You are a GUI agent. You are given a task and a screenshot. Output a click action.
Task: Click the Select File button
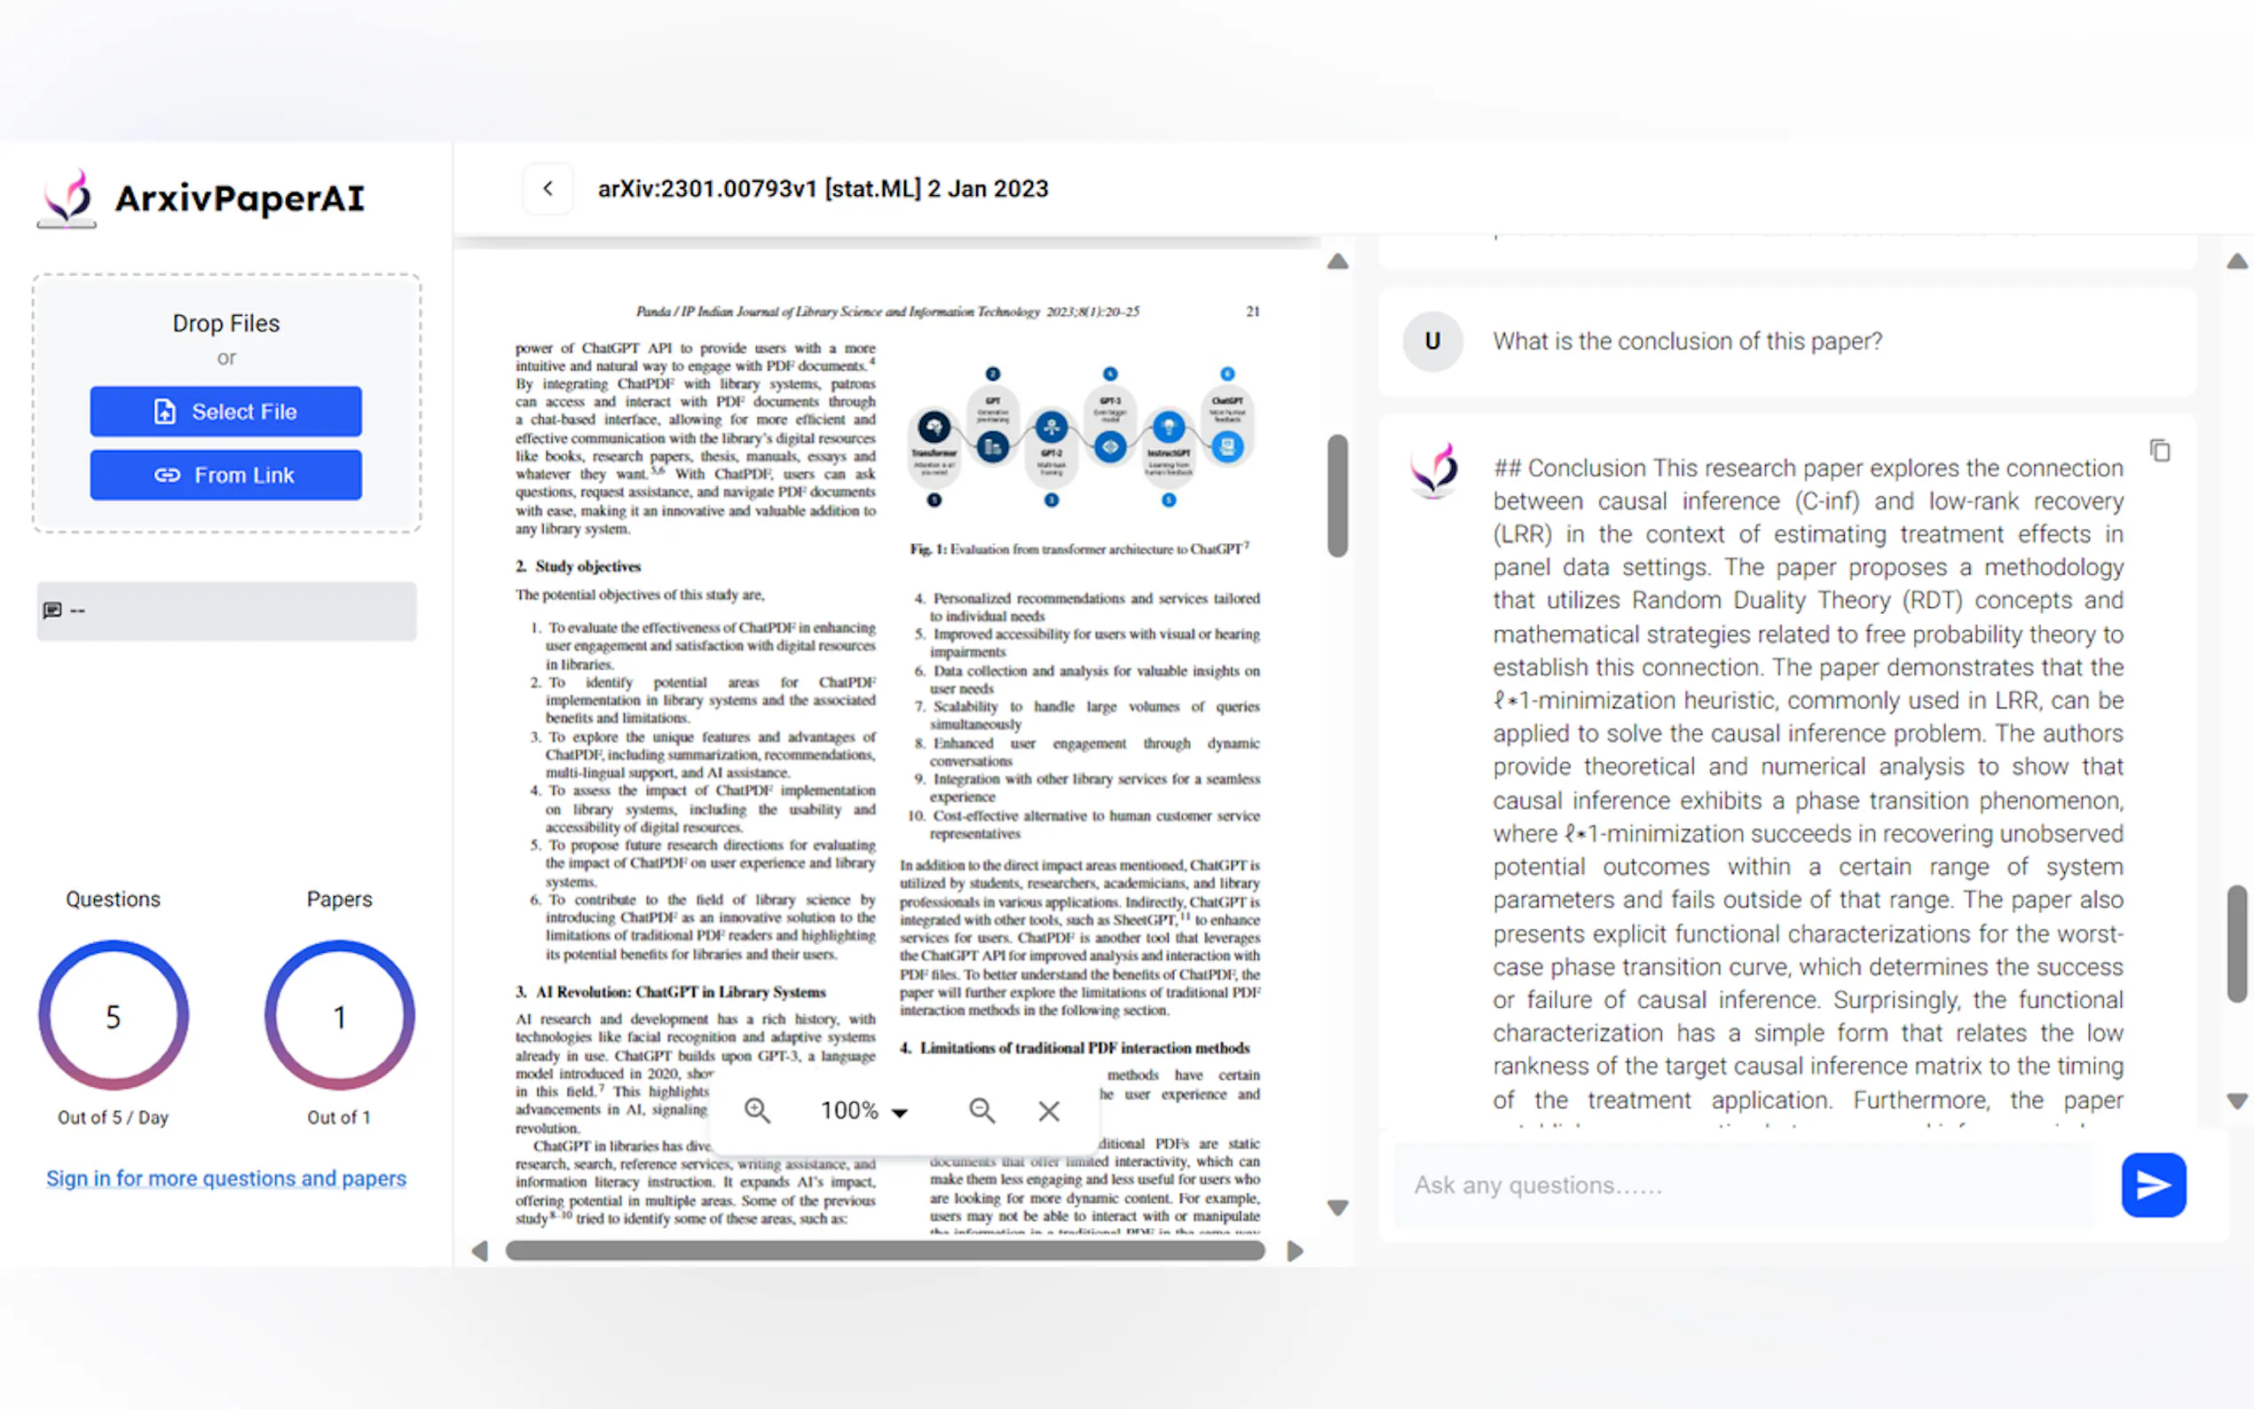pyautogui.click(x=225, y=411)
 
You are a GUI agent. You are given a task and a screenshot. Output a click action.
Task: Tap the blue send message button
pyautogui.click(x=2153, y=1185)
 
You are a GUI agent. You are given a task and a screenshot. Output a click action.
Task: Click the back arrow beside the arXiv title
pyautogui.click(x=548, y=188)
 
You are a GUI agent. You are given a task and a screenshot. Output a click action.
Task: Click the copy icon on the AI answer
pyautogui.click(x=2160, y=451)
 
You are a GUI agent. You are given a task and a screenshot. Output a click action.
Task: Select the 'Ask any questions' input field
pyautogui.click(x=1743, y=1185)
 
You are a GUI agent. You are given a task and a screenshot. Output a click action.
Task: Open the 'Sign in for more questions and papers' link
pyautogui.click(x=226, y=1178)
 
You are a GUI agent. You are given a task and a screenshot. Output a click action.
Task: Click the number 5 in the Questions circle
pyautogui.click(x=114, y=1016)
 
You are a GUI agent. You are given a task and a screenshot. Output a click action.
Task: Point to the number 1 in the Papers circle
pyautogui.click(x=340, y=1016)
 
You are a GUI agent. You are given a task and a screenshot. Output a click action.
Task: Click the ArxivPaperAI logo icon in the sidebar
pyautogui.click(x=67, y=198)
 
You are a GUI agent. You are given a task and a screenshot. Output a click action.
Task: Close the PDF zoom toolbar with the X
pyautogui.click(x=1048, y=1111)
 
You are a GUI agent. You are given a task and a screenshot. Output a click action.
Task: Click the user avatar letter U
pyautogui.click(x=1432, y=341)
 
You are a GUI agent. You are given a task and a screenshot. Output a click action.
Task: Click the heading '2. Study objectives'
pyautogui.click(x=579, y=567)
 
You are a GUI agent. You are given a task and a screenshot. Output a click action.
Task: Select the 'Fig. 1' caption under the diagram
pyautogui.click(x=1079, y=549)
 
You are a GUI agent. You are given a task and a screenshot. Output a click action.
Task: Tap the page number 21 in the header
pyautogui.click(x=1252, y=311)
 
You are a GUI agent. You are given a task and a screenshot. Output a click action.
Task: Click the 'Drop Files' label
pyautogui.click(x=225, y=323)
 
